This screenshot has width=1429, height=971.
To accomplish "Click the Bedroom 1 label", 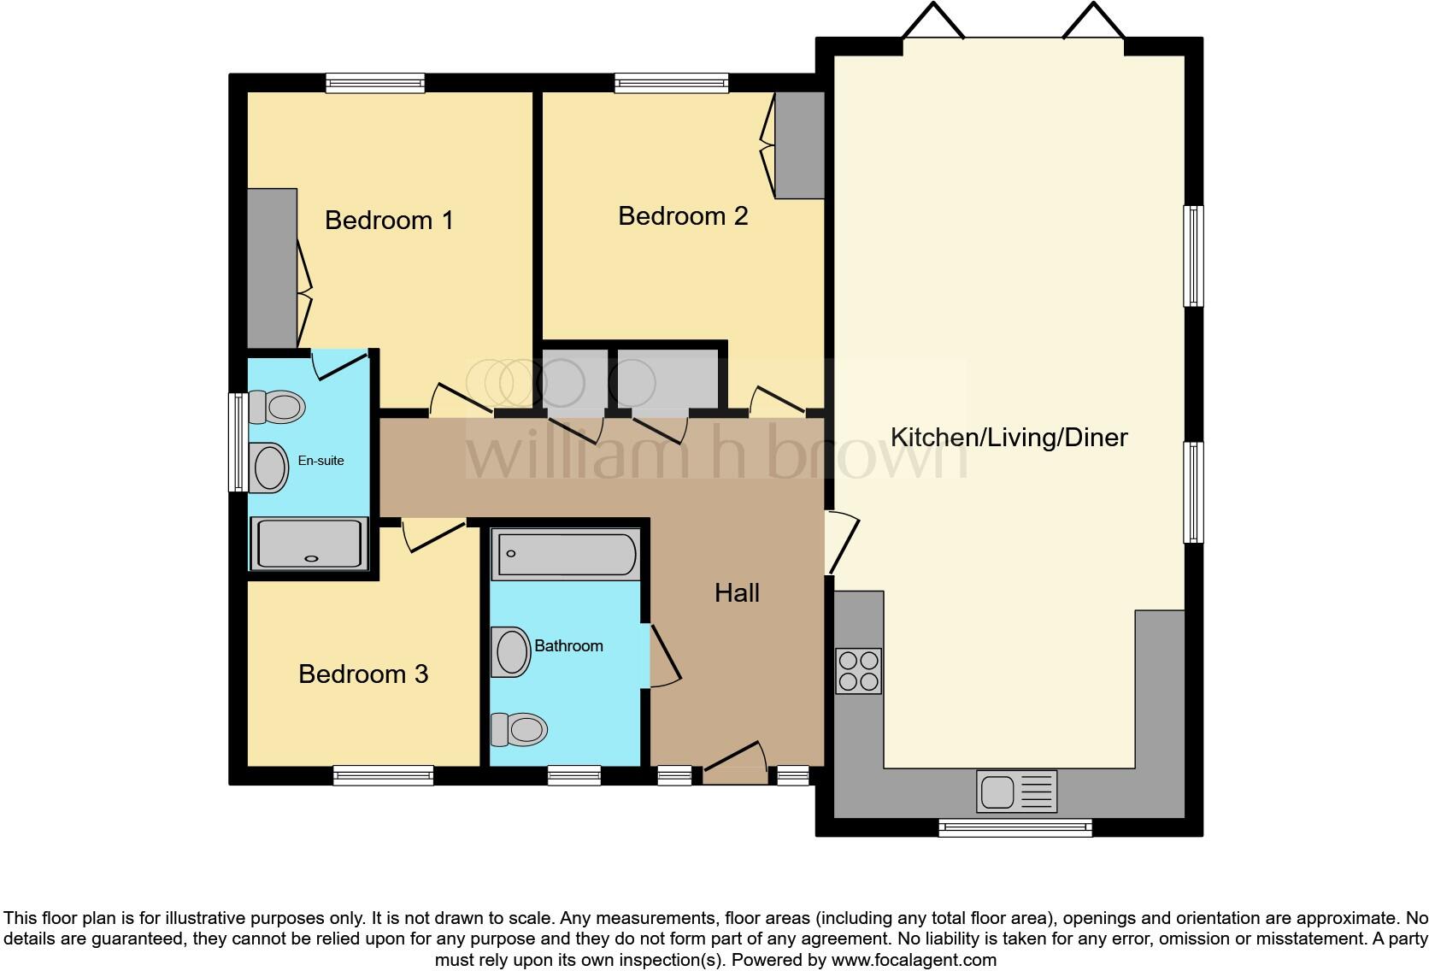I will coord(389,221).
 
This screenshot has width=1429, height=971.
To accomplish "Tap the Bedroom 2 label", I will coord(683,216).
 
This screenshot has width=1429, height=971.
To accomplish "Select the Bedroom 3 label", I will coord(363,674).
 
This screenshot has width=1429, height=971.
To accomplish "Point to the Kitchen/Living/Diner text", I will coord(1009,438).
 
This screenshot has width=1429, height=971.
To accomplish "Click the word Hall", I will coord(737,593).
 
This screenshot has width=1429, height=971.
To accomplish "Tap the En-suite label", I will coord(320,461).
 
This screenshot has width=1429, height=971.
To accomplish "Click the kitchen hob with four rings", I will coord(858,671).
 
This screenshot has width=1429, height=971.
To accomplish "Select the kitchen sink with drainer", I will coord(1016,791).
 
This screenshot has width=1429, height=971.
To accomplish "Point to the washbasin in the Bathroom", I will coord(511,652).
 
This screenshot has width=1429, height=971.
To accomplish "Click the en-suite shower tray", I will coord(309,544).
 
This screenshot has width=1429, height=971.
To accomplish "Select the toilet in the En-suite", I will coord(275,407).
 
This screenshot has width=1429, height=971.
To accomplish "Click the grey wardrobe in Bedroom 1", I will coord(272,268).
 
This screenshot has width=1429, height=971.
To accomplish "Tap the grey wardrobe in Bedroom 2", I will coord(799,145).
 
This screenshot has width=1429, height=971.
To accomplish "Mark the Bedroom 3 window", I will coord(383,775).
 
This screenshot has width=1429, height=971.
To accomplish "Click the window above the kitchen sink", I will coord(1014,827).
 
